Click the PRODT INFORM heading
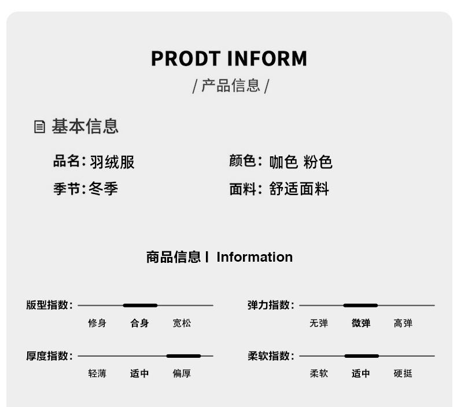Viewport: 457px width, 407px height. point(228,59)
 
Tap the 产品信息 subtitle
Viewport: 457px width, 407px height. point(230,86)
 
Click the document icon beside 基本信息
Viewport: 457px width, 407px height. point(39,127)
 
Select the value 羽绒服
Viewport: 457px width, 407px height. point(112,162)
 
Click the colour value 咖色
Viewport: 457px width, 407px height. point(283,162)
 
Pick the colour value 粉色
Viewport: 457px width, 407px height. point(318,162)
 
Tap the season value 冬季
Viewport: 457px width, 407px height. point(104,189)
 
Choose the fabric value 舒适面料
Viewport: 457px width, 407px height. point(299,189)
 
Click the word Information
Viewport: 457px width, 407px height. point(255,257)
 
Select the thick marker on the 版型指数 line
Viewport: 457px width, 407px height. point(140,305)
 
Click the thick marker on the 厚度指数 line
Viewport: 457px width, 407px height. point(183,356)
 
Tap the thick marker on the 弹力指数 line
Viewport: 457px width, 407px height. point(360,305)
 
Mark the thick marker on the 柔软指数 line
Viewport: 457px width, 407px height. point(362,356)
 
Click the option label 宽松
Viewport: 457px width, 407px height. point(182,323)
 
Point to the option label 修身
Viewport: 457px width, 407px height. point(97,323)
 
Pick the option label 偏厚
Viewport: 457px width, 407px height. point(182,374)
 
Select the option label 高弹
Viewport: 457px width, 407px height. point(403,323)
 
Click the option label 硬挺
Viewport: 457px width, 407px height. point(403,374)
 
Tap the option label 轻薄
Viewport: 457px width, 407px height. point(97,374)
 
